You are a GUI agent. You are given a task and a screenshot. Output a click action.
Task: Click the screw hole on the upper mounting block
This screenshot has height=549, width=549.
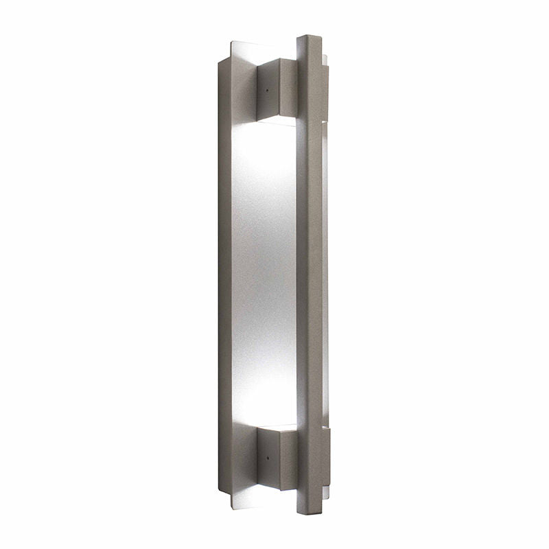pyautogui.click(x=266, y=88)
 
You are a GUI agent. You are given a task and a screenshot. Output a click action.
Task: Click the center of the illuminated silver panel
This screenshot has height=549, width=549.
pyautogui.click(x=264, y=274)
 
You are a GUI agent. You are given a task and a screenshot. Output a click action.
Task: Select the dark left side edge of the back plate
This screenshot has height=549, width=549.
pyautogui.click(x=224, y=274)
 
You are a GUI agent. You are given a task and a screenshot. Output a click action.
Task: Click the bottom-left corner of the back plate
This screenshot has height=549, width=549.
pyautogui.click(x=220, y=489)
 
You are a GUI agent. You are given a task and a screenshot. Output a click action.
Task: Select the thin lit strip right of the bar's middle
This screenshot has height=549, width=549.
pyautogui.click(x=325, y=274)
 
